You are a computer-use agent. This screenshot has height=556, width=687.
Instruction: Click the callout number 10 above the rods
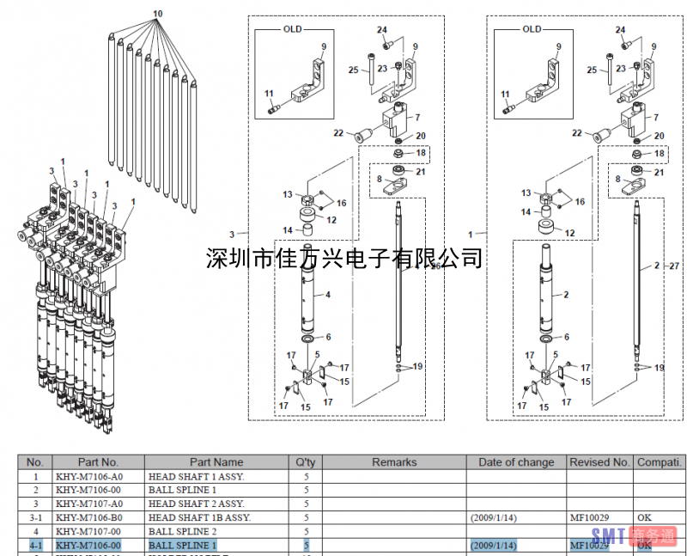157,14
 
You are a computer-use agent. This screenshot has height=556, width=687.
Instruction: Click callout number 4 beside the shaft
327,295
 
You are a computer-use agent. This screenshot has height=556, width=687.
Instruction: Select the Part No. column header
98,462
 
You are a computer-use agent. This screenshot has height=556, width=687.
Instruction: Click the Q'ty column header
306,462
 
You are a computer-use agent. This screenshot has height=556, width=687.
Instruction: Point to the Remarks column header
394,462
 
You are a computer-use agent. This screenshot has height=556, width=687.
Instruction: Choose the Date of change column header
516,462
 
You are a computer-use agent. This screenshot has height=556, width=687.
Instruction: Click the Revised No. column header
599,462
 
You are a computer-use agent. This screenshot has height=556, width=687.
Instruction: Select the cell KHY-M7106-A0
89,476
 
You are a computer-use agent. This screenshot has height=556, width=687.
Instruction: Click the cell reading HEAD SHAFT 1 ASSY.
197,476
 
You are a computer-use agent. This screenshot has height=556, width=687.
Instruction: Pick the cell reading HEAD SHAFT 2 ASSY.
197,504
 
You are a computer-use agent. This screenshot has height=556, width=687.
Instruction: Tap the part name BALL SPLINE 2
183,531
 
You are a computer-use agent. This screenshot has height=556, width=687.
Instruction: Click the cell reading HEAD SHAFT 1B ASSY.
200,517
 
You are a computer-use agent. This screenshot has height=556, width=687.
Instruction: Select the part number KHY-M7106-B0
89,517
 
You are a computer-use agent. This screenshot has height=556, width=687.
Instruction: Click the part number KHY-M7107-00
89,531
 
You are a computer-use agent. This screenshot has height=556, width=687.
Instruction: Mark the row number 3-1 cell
35,517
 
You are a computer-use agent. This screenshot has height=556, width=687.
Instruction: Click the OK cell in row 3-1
645,517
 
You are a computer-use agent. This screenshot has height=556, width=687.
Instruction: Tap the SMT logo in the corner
633,538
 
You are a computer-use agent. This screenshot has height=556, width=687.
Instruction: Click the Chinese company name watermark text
344,257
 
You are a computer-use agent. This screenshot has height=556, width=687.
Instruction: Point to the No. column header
35,462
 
